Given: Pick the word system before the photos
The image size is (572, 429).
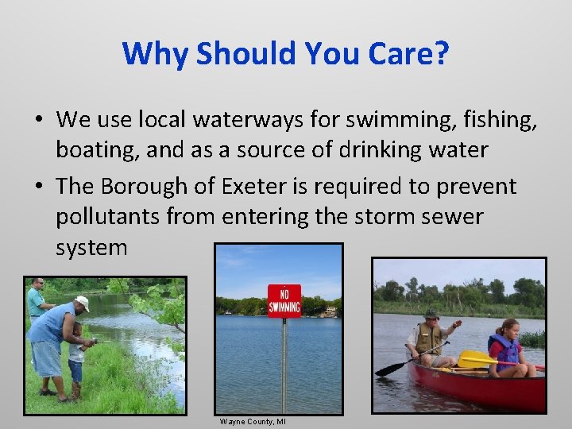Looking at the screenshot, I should point(91,248).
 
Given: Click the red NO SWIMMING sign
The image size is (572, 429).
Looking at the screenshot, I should point(284,300).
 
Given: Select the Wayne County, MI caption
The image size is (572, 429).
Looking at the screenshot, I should point(253,421).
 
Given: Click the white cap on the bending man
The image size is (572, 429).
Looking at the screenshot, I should point(83,302).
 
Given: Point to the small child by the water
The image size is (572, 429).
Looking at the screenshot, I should point(76,357).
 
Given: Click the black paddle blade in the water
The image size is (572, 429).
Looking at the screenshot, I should point(390,369).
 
